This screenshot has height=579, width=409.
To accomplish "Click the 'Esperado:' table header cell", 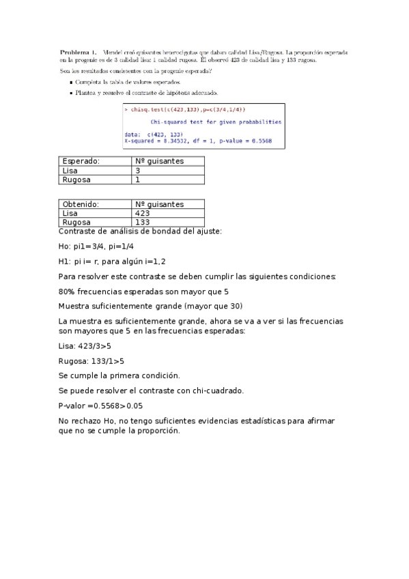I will [81, 161].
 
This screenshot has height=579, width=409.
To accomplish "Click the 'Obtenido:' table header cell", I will [81, 204].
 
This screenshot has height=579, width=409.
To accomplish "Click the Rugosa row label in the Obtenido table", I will [76, 222].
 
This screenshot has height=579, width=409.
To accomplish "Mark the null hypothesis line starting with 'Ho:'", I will [96, 246].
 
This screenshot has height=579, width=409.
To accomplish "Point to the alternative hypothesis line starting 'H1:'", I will [112, 261].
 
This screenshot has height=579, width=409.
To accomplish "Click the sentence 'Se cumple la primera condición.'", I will [119, 376].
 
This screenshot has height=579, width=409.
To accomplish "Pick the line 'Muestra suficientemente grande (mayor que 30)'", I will [150, 305].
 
